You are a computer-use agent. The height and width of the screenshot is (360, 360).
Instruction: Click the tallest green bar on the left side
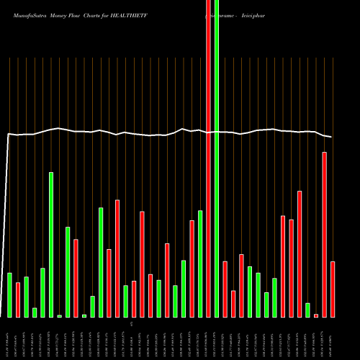point(51,245)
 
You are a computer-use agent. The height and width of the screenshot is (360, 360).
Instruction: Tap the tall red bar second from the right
point(324,235)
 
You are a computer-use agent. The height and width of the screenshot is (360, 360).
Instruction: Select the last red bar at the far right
point(333,289)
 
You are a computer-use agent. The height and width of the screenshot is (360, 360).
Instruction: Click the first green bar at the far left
point(9,295)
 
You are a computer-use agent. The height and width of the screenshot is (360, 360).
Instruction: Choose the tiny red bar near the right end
point(316,315)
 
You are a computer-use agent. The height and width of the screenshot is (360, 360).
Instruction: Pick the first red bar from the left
point(18,300)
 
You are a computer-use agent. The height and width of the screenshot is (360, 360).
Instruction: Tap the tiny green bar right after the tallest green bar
point(60,316)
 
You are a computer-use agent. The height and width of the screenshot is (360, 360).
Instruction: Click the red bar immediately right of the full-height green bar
point(225,289)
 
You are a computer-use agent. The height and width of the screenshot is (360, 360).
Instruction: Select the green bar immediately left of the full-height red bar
point(200,264)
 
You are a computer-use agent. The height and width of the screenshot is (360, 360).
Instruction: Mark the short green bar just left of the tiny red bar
point(307,310)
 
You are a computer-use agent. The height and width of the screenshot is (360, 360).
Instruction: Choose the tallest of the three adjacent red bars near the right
point(300,254)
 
